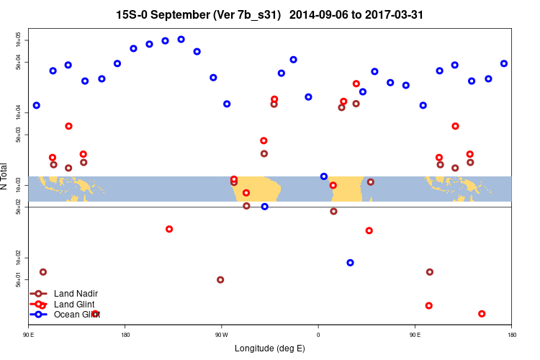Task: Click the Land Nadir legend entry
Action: [x=76, y=294]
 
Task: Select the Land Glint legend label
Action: [x=75, y=305]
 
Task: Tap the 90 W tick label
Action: [x=221, y=334]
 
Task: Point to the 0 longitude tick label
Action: [x=318, y=334]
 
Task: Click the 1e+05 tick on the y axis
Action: [x=19, y=40]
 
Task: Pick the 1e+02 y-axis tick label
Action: [x=19, y=258]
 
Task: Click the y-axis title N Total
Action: [x=5, y=176]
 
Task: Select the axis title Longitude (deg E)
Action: [x=270, y=348]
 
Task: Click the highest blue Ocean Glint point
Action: [x=181, y=40]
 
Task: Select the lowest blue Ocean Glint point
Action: [x=350, y=263]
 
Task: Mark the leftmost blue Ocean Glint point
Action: [x=37, y=105]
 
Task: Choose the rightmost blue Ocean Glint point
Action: [x=504, y=63]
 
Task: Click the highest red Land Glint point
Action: [x=356, y=84]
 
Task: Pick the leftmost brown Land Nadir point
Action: [x=43, y=272]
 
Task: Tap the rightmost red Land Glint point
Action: [x=482, y=314]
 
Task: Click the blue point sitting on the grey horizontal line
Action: [x=265, y=207]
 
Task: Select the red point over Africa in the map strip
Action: [x=333, y=185]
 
